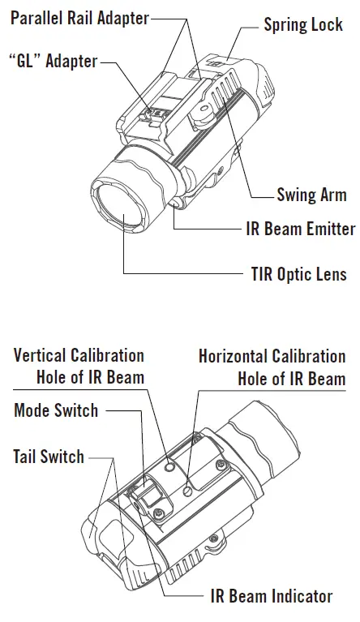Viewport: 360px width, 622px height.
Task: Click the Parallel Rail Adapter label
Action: click(x=79, y=18)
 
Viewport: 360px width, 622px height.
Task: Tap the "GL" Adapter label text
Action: click(x=53, y=62)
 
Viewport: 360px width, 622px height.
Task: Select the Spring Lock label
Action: click(x=302, y=24)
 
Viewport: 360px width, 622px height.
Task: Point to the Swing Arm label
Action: click(x=311, y=195)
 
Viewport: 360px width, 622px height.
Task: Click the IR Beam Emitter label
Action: click(x=300, y=229)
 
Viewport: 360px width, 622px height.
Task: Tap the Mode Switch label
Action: click(x=56, y=410)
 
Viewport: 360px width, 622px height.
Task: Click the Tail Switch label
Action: click(x=49, y=457)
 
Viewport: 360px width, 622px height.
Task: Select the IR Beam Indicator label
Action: click(x=271, y=597)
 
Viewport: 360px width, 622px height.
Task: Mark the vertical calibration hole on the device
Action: click(x=168, y=467)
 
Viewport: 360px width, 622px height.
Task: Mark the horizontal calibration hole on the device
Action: click(x=188, y=488)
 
